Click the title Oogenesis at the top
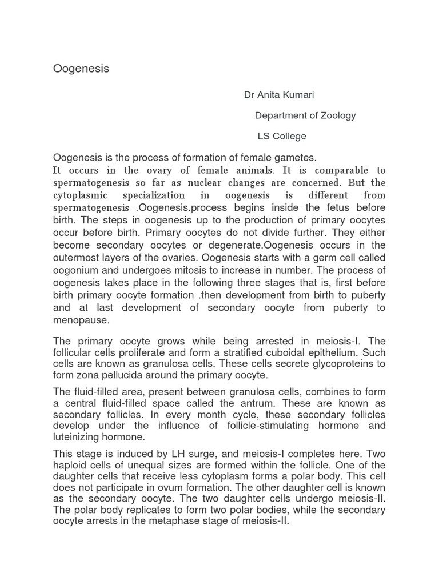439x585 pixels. click(81, 69)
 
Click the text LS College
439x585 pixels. click(282, 136)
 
